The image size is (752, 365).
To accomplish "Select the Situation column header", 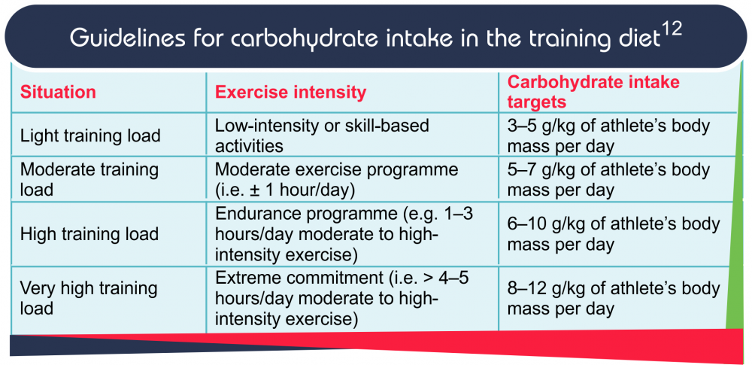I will [x=58, y=93].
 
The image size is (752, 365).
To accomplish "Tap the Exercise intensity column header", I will [x=290, y=93].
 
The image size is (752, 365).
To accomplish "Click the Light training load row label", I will [x=90, y=136].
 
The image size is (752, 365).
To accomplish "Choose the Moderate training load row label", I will [x=89, y=179].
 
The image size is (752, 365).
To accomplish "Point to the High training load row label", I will [x=89, y=234].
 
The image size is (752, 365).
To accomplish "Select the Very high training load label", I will [x=88, y=298].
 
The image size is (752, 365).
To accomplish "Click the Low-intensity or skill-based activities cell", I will [x=322, y=135].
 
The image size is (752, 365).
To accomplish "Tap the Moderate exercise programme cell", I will [x=336, y=179].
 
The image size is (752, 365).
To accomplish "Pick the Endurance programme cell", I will [x=344, y=233].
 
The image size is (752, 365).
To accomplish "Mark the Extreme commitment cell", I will [x=341, y=298].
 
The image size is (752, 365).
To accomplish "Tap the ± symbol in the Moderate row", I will [x=245, y=190].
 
